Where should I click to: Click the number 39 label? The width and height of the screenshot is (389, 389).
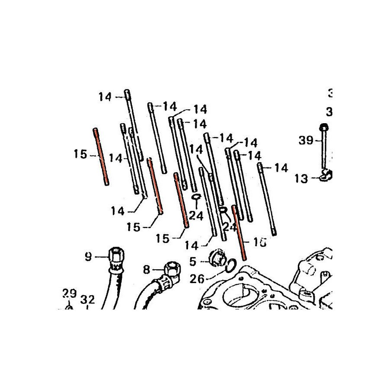tap(305, 141)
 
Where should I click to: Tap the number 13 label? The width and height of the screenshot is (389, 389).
tap(302, 178)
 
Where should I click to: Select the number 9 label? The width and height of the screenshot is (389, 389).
tap(88, 258)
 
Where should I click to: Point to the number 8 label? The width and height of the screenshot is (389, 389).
tap(146, 270)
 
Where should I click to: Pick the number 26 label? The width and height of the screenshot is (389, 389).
tap(197, 279)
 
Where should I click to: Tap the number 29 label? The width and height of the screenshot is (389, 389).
tap(69, 294)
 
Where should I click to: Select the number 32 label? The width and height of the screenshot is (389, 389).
tap(87, 299)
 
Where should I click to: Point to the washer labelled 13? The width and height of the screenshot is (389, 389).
tap(324, 175)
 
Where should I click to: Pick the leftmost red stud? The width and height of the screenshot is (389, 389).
tap(100, 156)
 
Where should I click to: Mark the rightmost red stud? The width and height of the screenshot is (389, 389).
tap(239, 232)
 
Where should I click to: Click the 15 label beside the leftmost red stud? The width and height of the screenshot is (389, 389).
tap(80, 154)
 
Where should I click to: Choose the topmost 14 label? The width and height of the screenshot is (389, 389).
tap(105, 97)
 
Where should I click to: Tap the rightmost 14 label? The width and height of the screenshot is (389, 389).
tap(281, 167)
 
